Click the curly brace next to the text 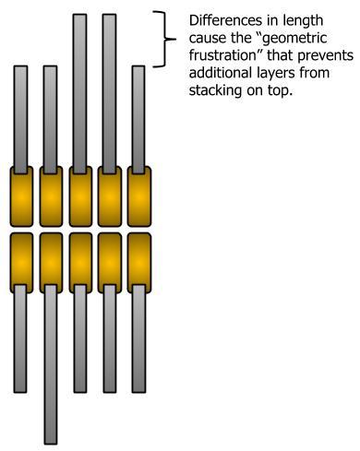click(x=167, y=39)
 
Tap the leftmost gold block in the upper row click(x=22, y=196)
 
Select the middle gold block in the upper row click(x=80, y=196)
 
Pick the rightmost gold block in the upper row click(x=138, y=196)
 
